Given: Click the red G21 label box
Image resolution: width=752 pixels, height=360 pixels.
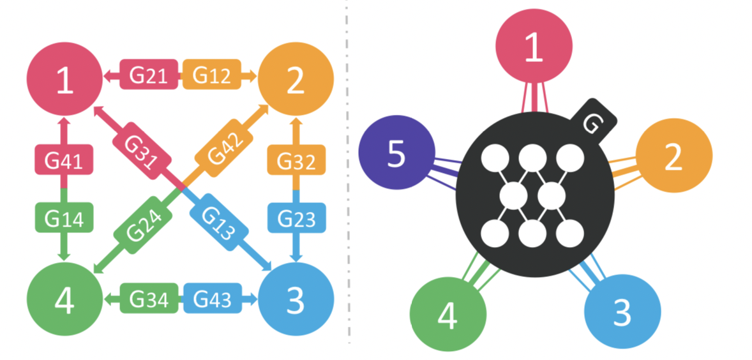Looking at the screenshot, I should pos(148,75).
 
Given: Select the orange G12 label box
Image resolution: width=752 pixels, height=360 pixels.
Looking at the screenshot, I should pos(211,75).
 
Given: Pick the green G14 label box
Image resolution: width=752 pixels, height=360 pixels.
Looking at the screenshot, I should pos(63,219).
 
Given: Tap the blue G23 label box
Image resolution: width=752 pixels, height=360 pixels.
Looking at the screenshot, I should pos(296,219).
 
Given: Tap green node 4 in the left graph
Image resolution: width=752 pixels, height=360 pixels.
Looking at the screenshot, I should pos(63,301).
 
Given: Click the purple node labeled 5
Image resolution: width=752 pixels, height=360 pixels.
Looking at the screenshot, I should pos(396,153).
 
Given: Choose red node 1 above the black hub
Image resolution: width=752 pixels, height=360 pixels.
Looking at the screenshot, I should pos(534,48).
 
